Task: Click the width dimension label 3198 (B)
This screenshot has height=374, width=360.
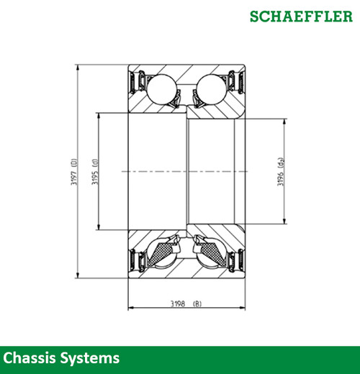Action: pos(186,304)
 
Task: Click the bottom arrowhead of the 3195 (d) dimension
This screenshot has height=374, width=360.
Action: pos(99,228)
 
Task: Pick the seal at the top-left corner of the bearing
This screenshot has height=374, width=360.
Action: pos(135,81)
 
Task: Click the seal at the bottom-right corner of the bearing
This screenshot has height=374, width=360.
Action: pos(236,263)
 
